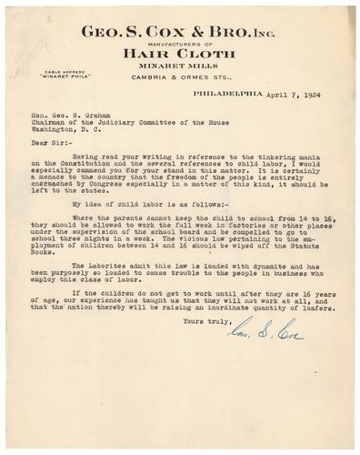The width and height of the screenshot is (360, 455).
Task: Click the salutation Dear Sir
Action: pyautogui.click(x=47, y=141)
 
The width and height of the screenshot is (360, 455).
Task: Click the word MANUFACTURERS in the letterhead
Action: pyautogui.click(x=161, y=43)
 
